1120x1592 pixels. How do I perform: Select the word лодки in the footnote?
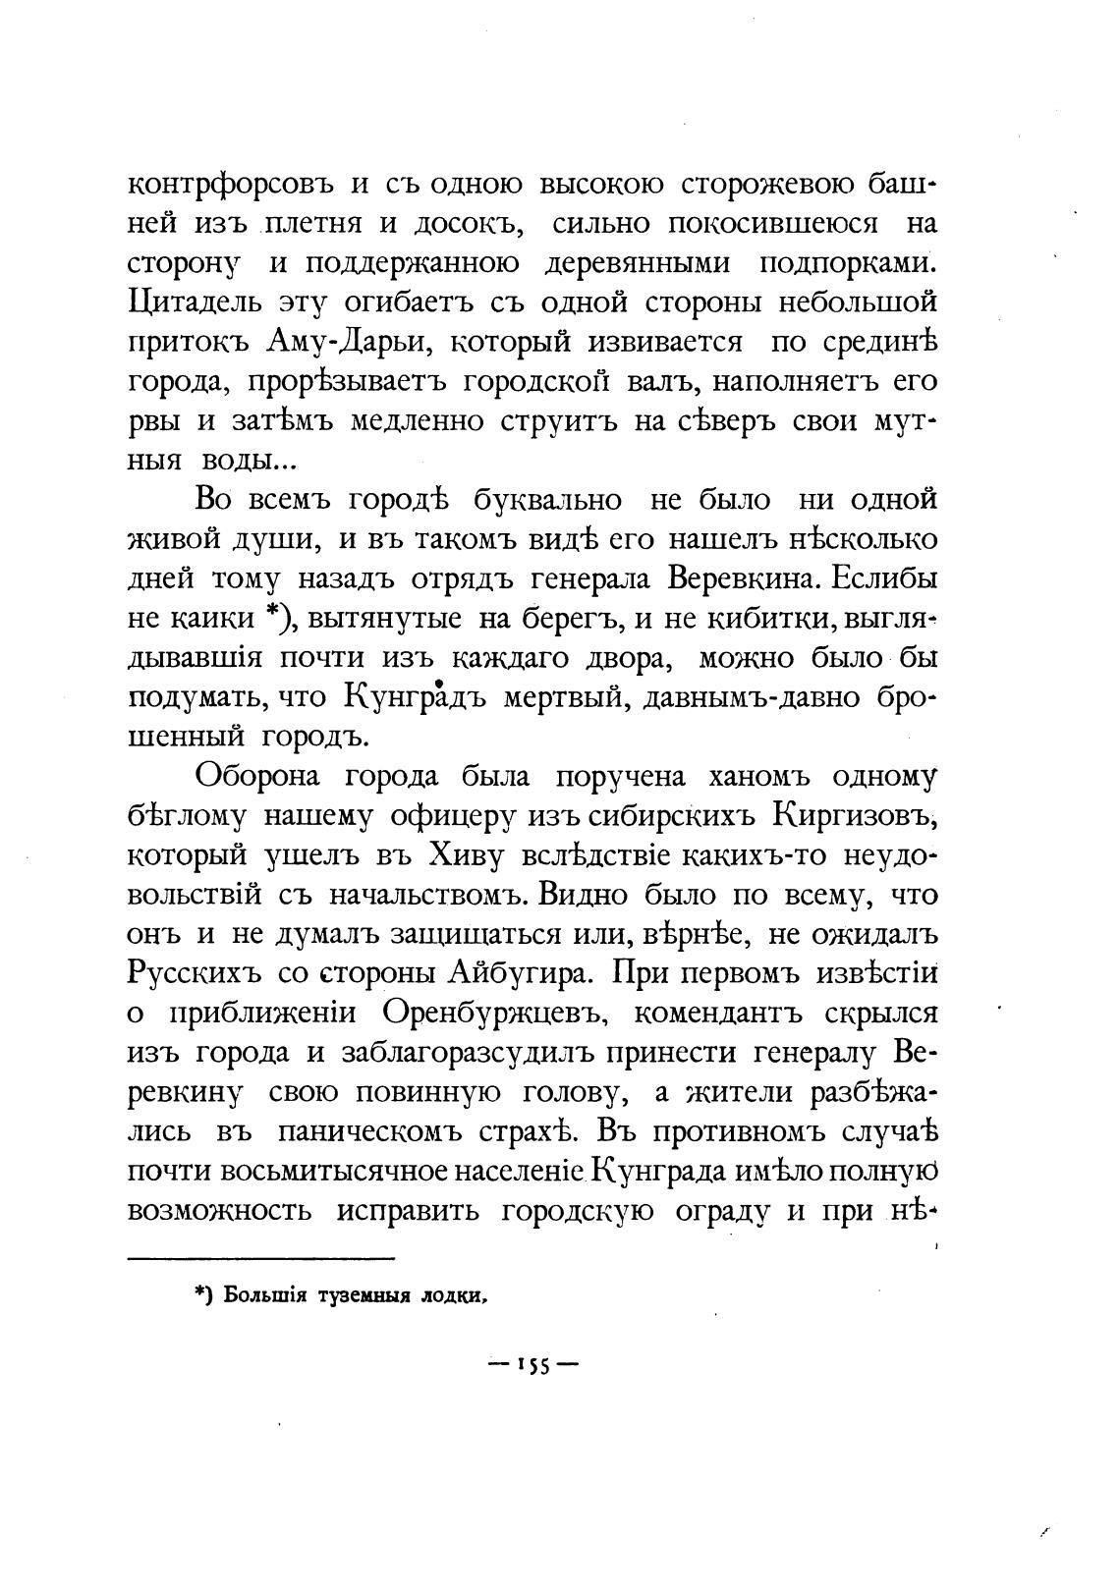click(x=454, y=1295)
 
